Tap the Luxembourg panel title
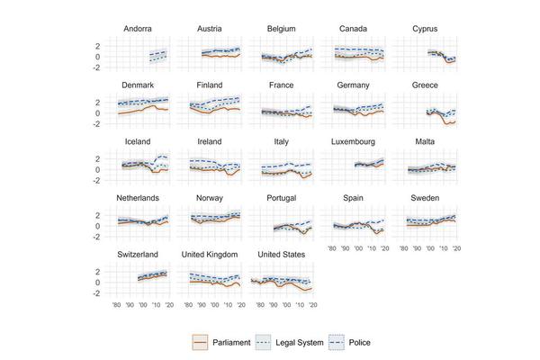point(353,142)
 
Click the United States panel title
point(281,255)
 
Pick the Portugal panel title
point(281,198)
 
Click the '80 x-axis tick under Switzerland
point(116,306)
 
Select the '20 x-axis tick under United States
point(314,306)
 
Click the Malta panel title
point(425,142)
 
